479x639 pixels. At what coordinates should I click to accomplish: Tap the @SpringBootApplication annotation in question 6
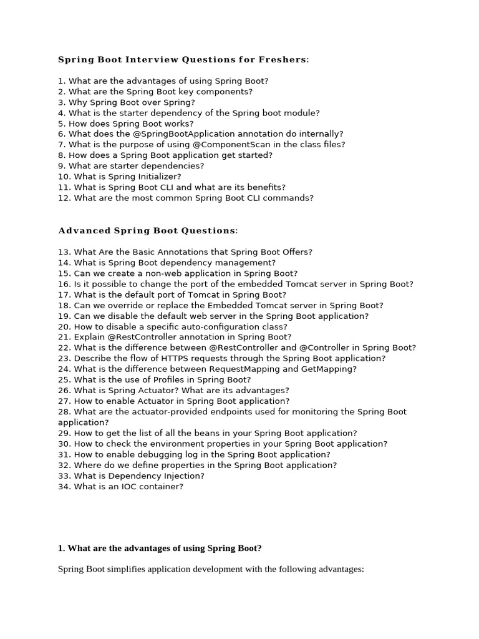(x=175, y=134)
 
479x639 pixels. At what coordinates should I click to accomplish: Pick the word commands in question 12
(x=291, y=198)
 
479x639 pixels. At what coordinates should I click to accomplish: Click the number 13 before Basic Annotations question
(x=64, y=252)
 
